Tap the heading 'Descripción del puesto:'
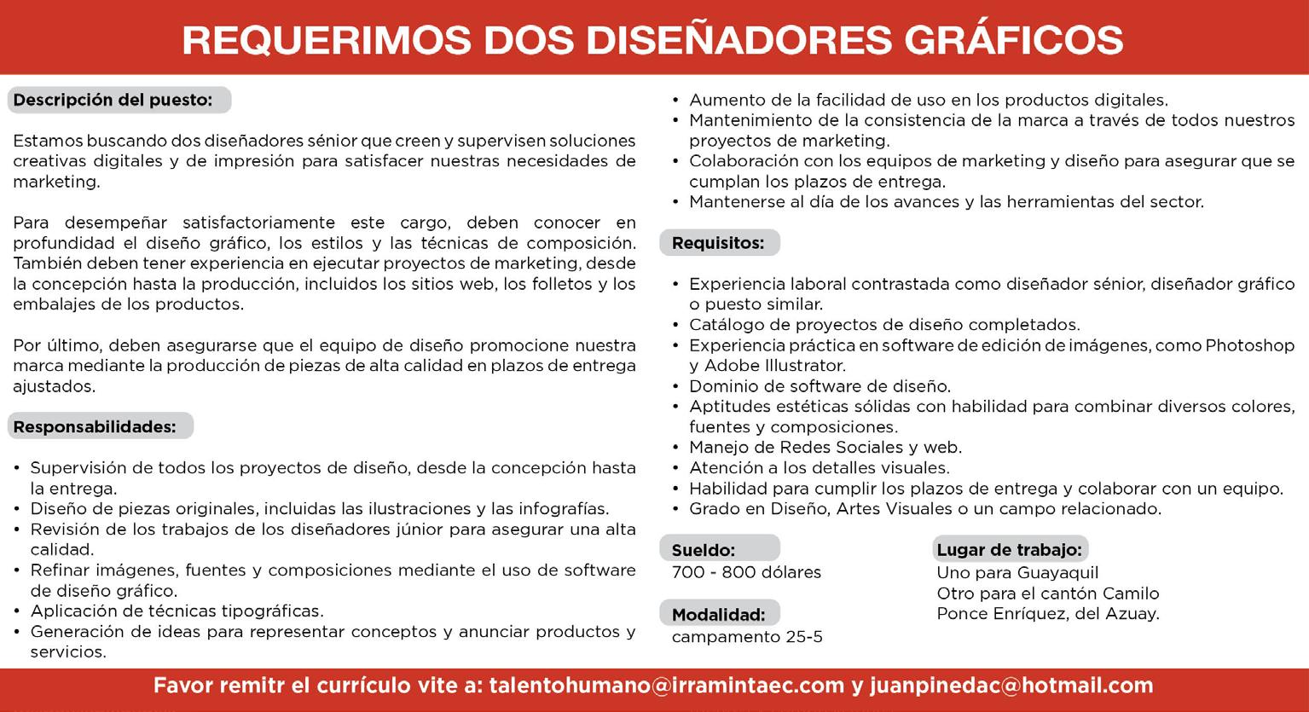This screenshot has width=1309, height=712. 113,100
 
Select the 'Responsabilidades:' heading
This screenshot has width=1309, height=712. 95,426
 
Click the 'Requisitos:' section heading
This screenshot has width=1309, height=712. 718,243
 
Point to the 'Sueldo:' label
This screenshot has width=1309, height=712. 704,550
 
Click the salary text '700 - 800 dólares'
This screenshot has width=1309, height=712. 746,572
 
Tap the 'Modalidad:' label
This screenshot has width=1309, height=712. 718,614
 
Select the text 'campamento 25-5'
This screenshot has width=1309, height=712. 747,637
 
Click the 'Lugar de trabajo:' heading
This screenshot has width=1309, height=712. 1009,550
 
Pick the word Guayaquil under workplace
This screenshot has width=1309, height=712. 1057,573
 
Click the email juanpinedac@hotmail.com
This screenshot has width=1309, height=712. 1011,686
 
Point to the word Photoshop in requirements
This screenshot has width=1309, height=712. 1249,345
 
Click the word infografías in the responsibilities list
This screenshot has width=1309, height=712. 562,509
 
